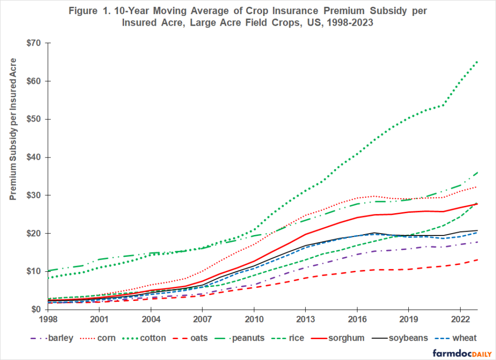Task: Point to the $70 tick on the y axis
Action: (x=33, y=43)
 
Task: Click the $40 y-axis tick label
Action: (x=33, y=157)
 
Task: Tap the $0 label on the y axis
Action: (x=36, y=310)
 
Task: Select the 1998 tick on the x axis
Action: (x=48, y=320)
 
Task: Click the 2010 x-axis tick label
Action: (x=253, y=320)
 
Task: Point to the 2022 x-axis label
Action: (x=459, y=320)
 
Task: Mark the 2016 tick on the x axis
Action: (x=356, y=320)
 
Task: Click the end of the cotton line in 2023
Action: (x=477, y=62)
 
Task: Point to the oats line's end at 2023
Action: (x=477, y=260)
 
